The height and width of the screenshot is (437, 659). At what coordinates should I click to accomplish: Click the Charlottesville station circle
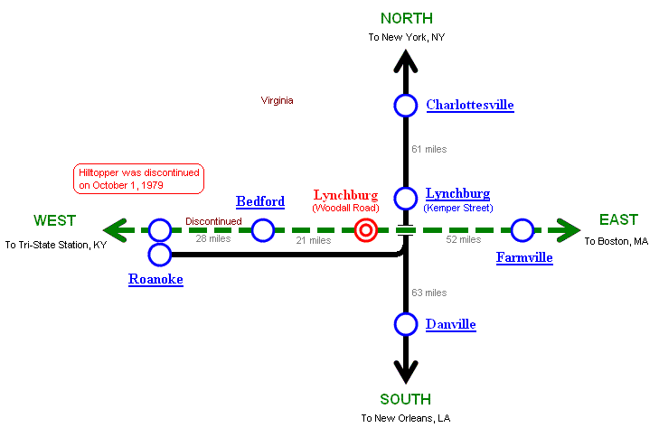click(x=406, y=106)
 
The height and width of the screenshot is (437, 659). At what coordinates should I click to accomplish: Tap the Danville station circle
click(x=406, y=324)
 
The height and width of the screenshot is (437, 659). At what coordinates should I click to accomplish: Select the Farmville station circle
click(x=522, y=230)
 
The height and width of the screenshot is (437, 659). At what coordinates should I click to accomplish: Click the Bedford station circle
click(x=263, y=230)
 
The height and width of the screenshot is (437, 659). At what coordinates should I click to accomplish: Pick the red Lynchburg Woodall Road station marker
click(x=365, y=230)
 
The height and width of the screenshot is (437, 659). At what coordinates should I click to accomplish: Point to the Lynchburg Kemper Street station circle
click(x=406, y=199)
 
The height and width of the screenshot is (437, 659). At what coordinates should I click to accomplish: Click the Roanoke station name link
click(x=155, y=280)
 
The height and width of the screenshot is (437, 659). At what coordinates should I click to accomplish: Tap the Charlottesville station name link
click(x=469, y=106)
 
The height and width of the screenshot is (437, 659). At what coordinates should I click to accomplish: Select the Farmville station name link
click(x=524, y=258)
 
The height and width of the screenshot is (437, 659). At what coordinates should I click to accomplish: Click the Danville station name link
click(x=450, y=324)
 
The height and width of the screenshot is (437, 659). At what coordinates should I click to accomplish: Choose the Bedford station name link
click(x=260, y=201)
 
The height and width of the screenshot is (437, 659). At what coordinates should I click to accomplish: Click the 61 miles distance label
click(x=428, y=149)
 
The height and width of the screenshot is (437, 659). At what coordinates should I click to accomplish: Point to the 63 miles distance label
click(x=428, y=293)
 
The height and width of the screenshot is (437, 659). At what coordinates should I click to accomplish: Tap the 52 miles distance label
click(x=464, y=239)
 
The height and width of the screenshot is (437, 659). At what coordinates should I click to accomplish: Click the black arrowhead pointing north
click(x=406, y=60)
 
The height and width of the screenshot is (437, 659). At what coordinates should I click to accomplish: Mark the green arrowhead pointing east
click(x=569, y=230)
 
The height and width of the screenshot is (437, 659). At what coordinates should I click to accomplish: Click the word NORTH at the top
click(x=406, y=18)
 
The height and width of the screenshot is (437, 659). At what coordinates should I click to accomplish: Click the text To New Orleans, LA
click(x=405, y=418)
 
